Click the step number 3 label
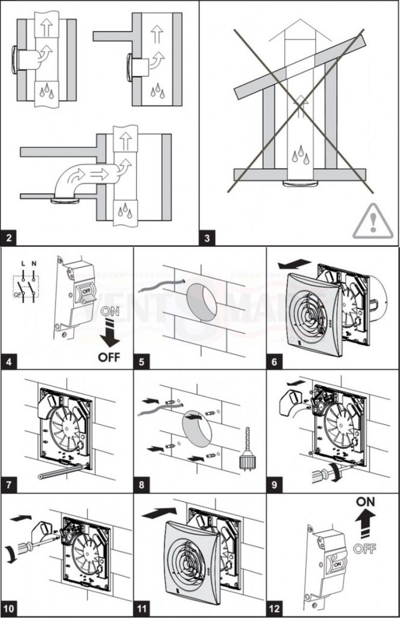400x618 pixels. (x=208, y=237)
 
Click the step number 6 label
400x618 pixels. (x=275, y=363)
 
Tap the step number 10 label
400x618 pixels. (x=10, y=608)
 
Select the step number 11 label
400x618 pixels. (x=144, y=608)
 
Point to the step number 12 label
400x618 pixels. (x=277, y=608)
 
